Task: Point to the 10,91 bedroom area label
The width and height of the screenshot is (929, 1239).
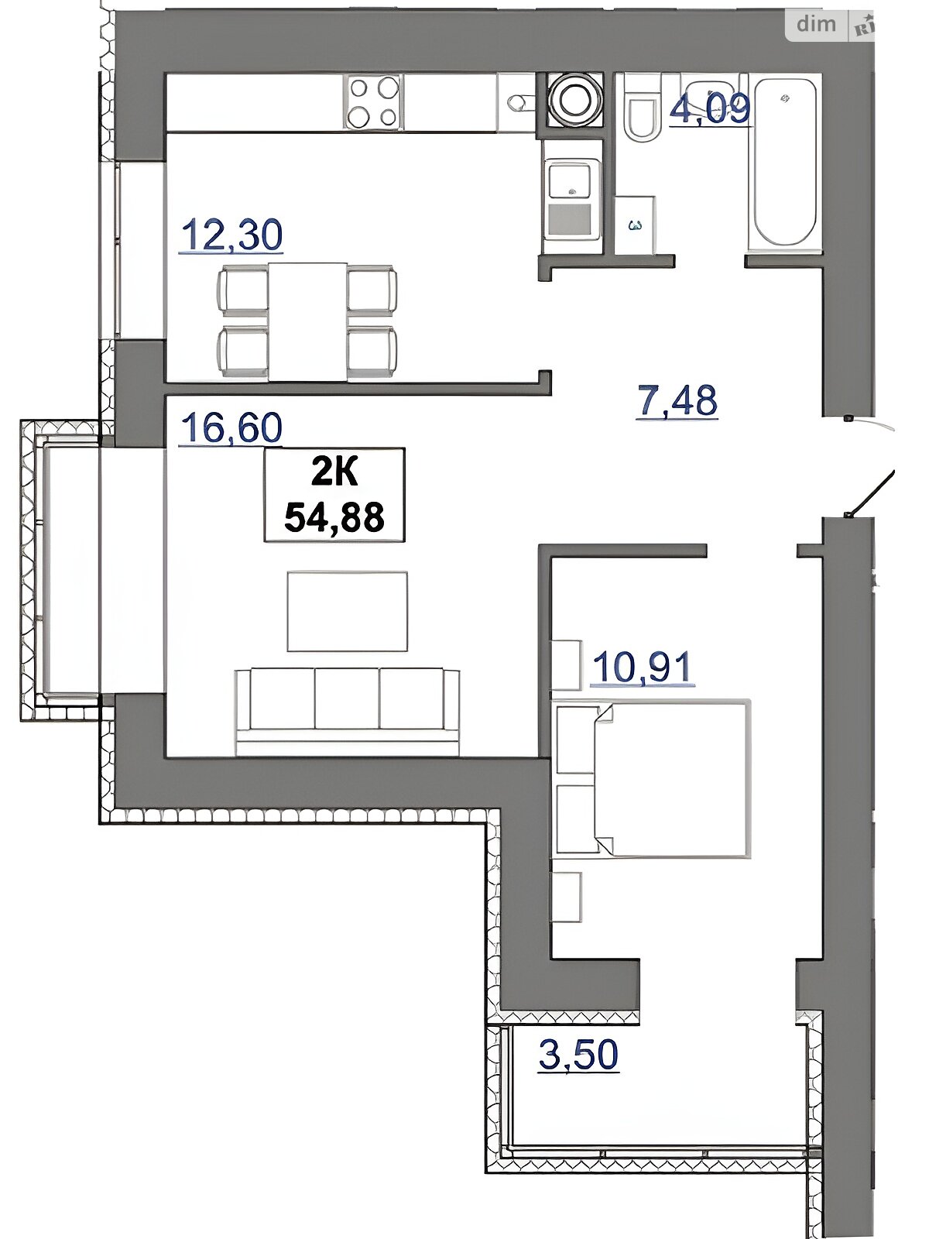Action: (643, 667)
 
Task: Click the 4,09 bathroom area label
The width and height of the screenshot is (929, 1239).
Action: (710, 108)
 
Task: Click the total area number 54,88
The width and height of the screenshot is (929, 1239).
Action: (334, 517)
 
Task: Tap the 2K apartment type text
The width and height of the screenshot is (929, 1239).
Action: (334, 472)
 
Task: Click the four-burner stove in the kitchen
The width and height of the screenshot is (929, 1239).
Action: (373, 101)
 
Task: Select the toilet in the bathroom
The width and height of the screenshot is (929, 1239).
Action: (643, 108)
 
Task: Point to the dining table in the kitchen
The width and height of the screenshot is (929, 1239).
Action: (307, 321)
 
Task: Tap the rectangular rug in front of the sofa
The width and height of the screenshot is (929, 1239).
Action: (348, 611)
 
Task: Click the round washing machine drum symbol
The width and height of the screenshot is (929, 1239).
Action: (575, 99)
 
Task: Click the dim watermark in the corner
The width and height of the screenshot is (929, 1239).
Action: (816, 24)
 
